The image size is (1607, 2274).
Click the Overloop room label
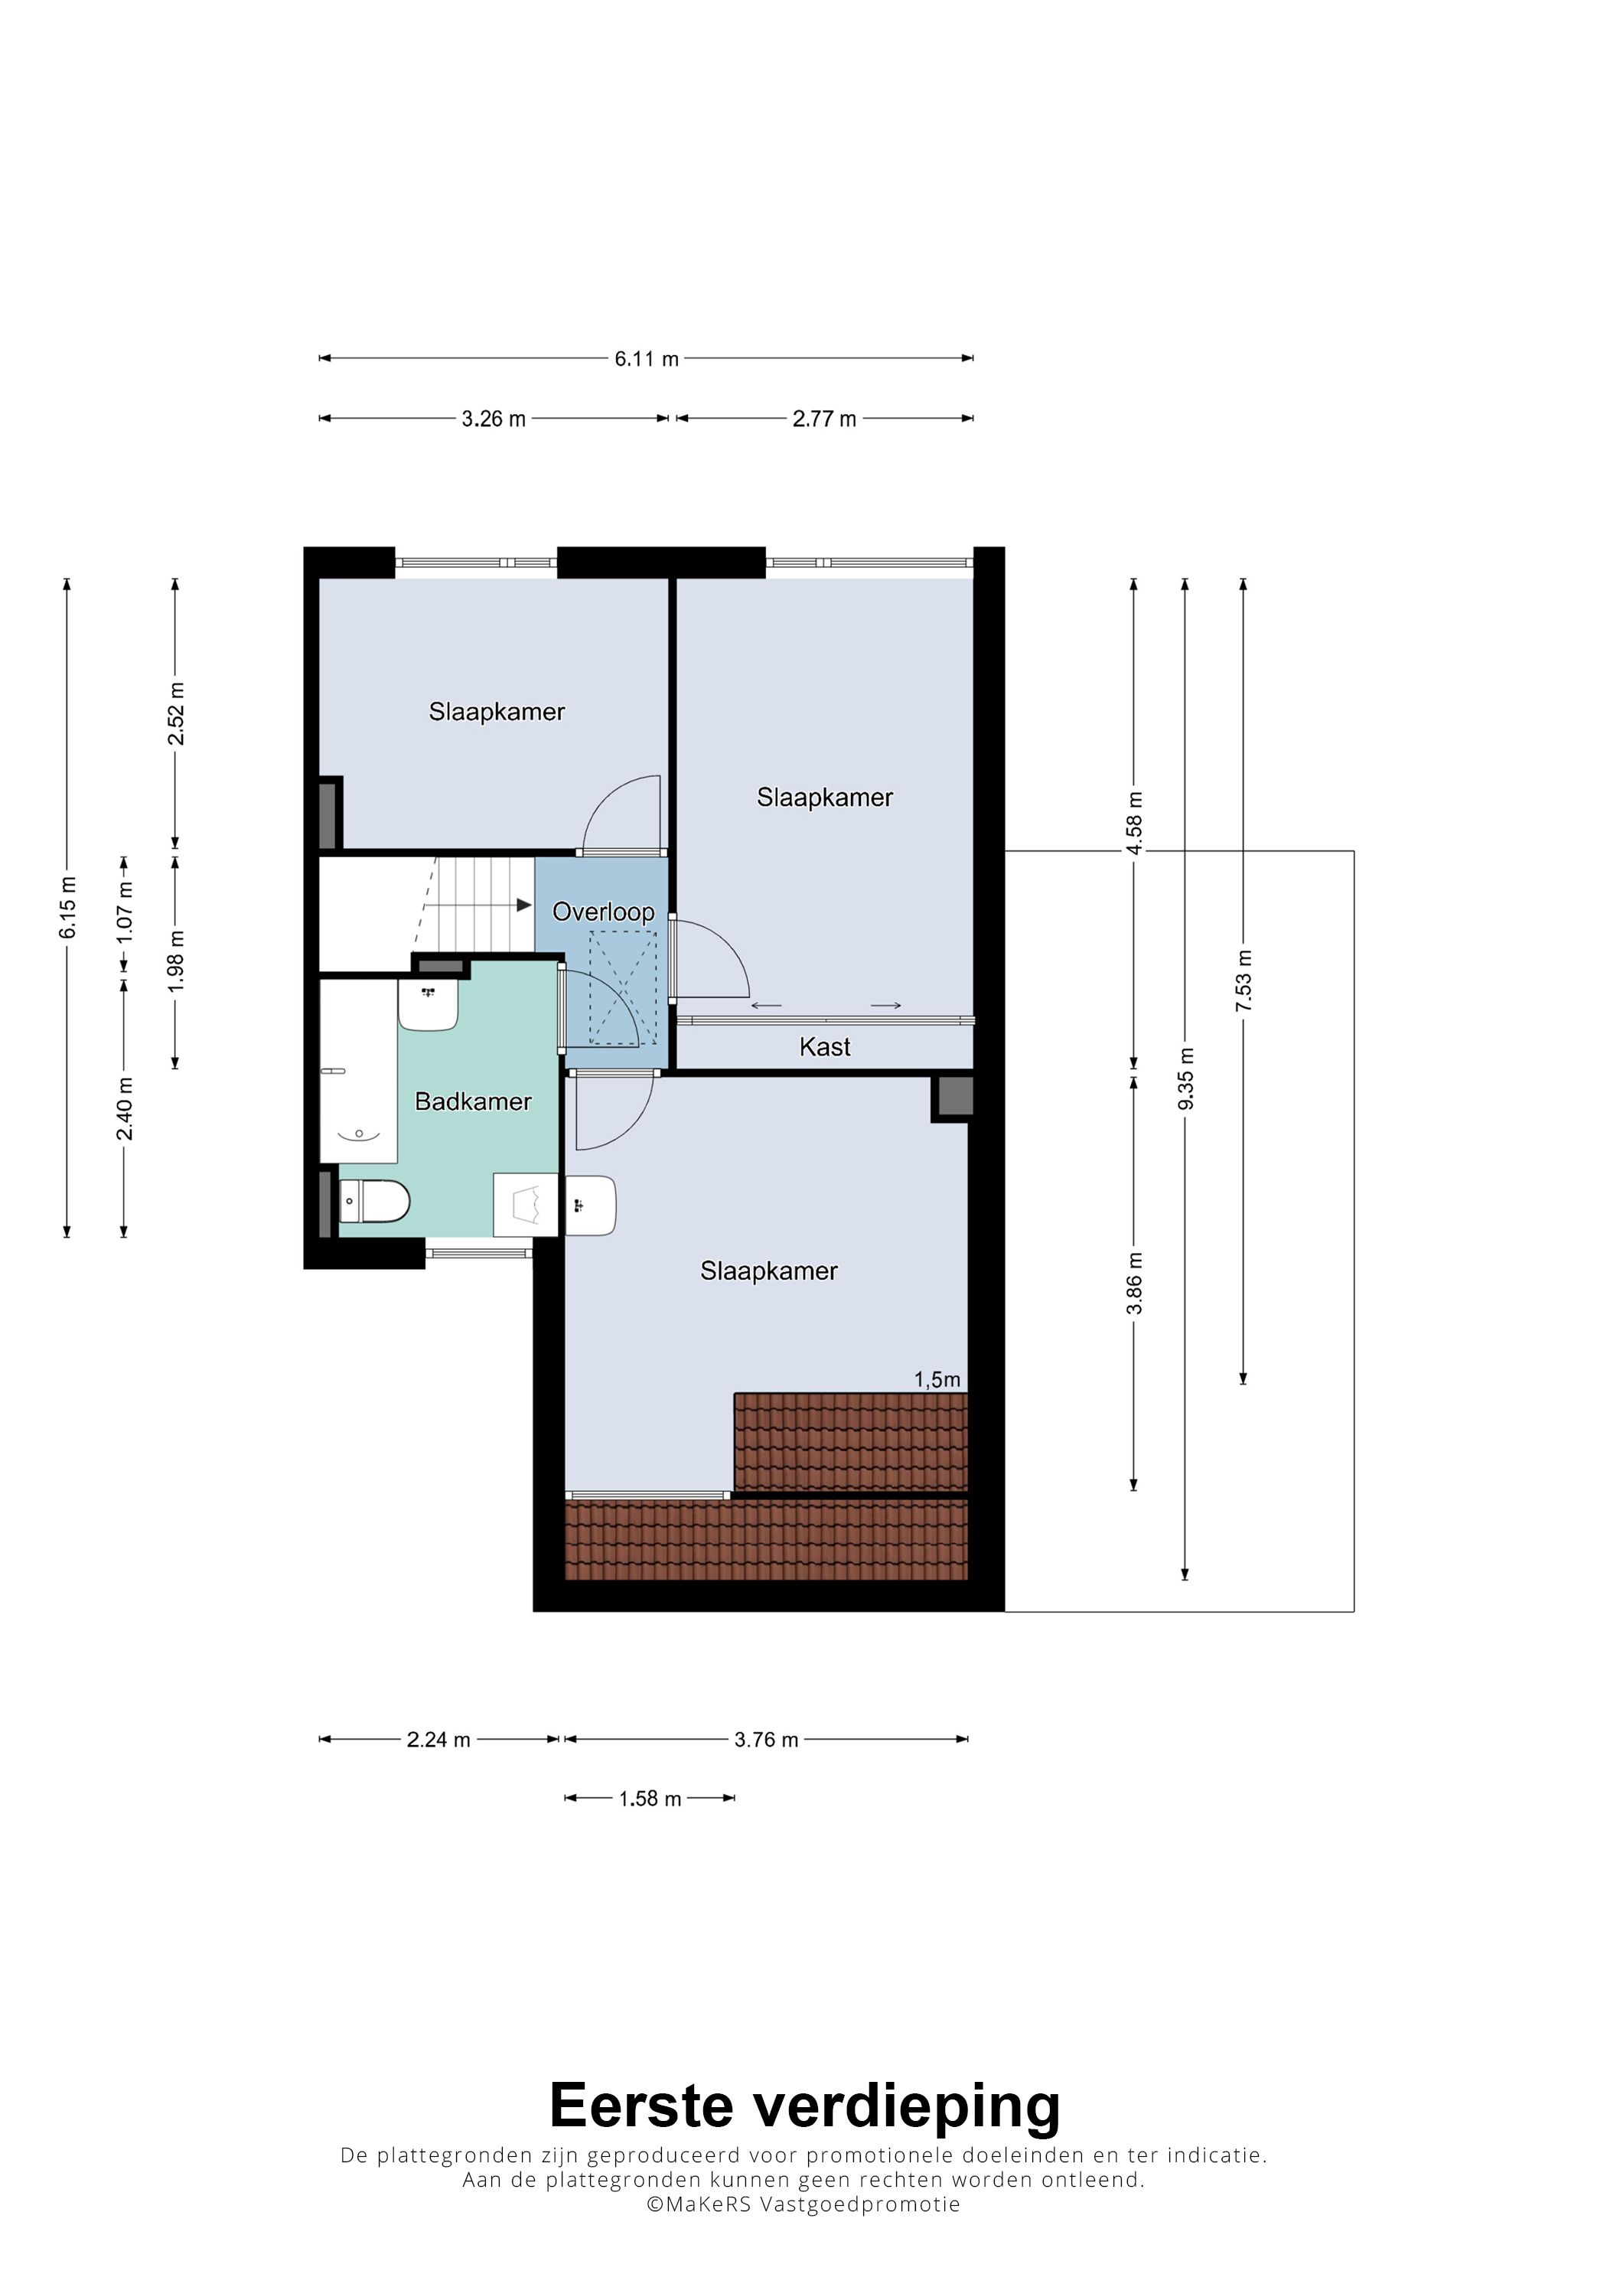point(603,912)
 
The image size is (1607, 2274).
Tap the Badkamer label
point(472,1101)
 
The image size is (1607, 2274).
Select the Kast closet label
point(825,1047)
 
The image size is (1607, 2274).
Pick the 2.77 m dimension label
point(824,419)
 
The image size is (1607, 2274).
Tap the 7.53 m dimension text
point(1244,980)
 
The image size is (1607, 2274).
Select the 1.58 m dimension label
point(650,1799)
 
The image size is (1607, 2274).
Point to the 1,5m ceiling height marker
point(937,1380)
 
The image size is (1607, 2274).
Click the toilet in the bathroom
point(374,1202)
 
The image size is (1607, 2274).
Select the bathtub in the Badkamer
point(358,1071)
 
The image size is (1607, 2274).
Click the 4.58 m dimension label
point(1135,822)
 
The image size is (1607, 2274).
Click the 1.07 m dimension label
point(125,911)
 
